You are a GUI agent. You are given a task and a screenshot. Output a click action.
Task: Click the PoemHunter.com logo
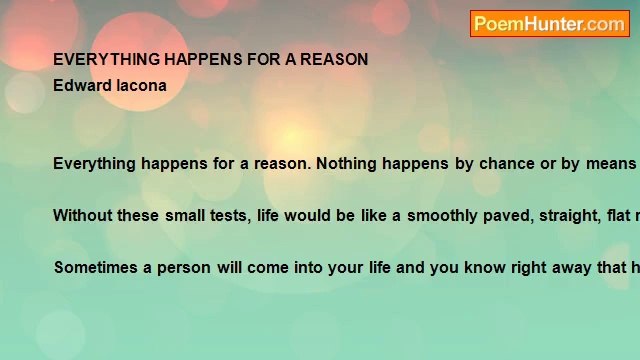pos(549,24)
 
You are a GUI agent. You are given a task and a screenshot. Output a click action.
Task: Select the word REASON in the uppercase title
pos(334,59)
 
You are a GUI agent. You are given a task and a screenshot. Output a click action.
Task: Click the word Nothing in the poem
pos(347,163)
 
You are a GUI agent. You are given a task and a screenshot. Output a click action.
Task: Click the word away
pos(552,267)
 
